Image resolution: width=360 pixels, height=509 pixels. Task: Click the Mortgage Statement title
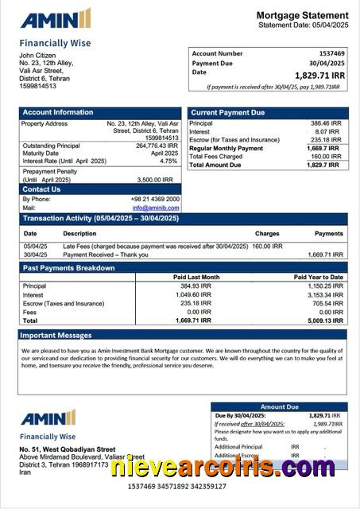pyautogui.click(x=301, y=15)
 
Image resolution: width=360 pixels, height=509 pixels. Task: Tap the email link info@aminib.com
pyautogui.click(x=156, y=208)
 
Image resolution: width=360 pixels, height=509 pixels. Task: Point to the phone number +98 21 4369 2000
pyautogui.click(x=155, y=199)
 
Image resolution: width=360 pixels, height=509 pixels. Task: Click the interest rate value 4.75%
pyautogui.click(x=168, y=161)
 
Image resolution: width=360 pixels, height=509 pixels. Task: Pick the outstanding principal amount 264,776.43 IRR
pyautogui.click(x=156, y=146)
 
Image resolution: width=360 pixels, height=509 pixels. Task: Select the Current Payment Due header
pyautogui.click(x=228, y=113)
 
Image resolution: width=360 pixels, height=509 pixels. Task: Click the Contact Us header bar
pyautogui.click(x=42, y=189)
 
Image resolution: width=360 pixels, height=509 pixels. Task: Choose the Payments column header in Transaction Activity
pyautogui.click(x=328, y=234)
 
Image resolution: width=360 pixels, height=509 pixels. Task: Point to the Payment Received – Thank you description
pyautogui.click(x=106, y=254)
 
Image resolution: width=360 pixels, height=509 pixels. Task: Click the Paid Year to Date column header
pyautogui.click(x=318, y=277)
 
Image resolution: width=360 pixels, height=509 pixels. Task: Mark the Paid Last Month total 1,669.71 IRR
pyautogui.click(x=193, y=321)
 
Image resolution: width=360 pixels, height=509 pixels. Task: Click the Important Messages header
pyautogui.click(x=56, y=336)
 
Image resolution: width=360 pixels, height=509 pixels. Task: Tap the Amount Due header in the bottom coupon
pyautogui.click(x=279, y=406)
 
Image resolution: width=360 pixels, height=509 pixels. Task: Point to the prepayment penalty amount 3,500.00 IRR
pyautogui.click(x=155, y=180)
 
